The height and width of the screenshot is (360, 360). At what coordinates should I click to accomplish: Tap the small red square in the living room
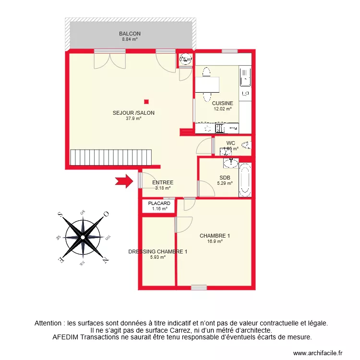coord(146,101)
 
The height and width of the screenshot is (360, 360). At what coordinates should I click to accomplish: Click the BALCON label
coord(130,34)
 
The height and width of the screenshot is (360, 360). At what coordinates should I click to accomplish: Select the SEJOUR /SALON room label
coord(133,113)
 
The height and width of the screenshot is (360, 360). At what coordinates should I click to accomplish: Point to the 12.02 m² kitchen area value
coord(222,109)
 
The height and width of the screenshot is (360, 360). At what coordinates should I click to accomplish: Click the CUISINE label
coord(222,103)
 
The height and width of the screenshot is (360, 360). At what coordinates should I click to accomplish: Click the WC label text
coord(230,143)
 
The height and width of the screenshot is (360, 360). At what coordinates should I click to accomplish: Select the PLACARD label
coord(159,204)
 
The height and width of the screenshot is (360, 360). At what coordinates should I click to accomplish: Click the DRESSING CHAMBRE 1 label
coord(157,252)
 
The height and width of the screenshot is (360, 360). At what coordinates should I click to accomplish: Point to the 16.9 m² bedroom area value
coord(215,241)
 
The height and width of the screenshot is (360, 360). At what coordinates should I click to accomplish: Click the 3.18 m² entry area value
coord(162,188)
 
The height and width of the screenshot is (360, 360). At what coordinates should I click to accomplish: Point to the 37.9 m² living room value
coord(133,119)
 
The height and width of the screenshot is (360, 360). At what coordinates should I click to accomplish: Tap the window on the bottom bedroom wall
coord(199,288)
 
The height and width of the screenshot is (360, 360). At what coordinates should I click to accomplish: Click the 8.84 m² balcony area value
coord(130,39)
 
